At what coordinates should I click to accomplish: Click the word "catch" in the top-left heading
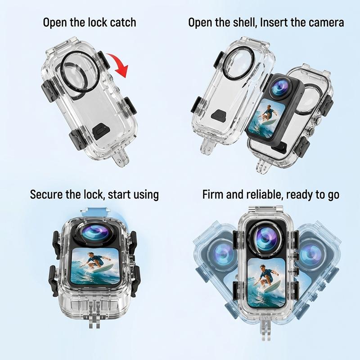coord(123,22)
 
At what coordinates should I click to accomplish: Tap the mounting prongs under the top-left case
coord(121,158)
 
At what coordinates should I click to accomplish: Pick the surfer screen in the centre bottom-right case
coord(266,283)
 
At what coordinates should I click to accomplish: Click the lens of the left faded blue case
coord(223,254)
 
